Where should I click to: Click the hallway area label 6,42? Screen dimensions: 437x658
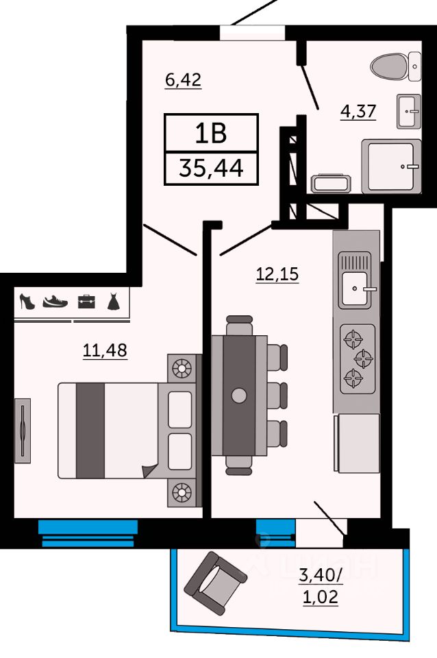(184, 80)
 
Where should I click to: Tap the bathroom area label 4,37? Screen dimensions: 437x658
(358, 112)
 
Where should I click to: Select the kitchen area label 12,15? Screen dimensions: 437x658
(277, 274)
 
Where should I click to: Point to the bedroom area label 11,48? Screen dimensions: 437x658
(105, 350)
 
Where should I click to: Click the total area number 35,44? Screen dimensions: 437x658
(211, 169)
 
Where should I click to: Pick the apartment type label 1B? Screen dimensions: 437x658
(211, 132)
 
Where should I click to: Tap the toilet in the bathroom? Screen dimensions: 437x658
(395, 66)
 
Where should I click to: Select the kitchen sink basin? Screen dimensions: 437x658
(354, 289)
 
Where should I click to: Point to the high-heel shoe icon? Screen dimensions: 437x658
(27, 302)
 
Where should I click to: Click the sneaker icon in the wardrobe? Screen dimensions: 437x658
(55, 302)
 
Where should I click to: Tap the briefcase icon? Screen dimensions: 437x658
(86, 302)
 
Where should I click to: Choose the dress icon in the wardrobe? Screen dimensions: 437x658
(113, 302)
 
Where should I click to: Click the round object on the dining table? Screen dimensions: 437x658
(239, 395)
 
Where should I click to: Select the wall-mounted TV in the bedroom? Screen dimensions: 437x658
(23, 430)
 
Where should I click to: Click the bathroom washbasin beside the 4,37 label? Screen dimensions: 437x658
(408, 111)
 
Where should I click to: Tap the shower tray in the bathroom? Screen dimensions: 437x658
(392, 166)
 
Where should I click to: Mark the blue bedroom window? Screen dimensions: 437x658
(88, 533)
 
